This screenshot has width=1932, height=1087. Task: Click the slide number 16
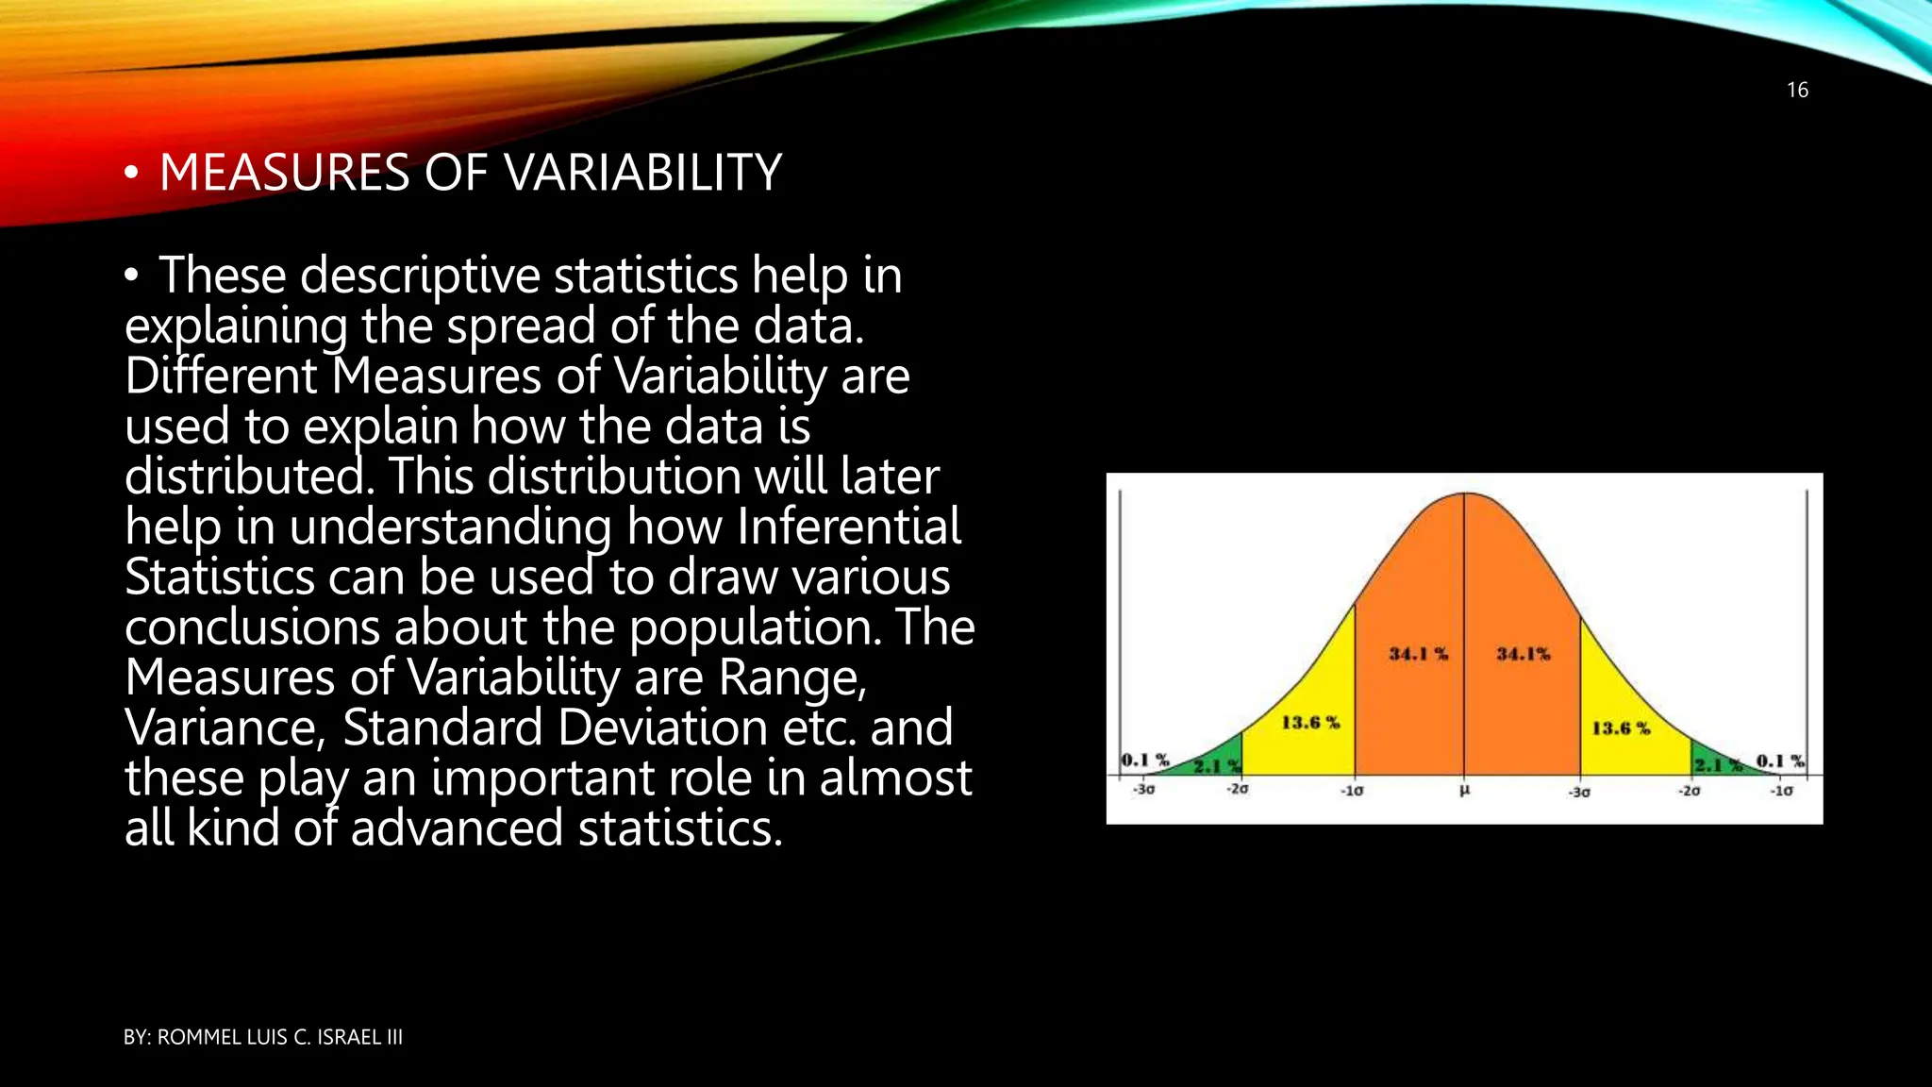1797,91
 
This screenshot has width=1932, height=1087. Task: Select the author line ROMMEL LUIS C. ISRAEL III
263,1037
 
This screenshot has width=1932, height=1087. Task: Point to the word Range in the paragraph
791,677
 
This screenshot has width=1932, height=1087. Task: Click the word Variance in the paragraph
225,727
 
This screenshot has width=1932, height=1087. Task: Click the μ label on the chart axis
1464,790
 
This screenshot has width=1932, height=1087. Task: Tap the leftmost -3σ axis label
1143,789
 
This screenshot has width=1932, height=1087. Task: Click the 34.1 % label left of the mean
1418,654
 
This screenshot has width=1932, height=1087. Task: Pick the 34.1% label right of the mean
1523,654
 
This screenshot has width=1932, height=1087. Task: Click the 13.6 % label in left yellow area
1309,723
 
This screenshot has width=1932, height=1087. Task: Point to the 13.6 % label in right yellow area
1621,728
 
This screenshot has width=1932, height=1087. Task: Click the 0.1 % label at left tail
1144,760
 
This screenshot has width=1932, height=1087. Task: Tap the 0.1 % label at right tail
1779,761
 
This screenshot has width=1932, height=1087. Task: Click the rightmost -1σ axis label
1781,791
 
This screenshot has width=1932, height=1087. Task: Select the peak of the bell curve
1464,493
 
